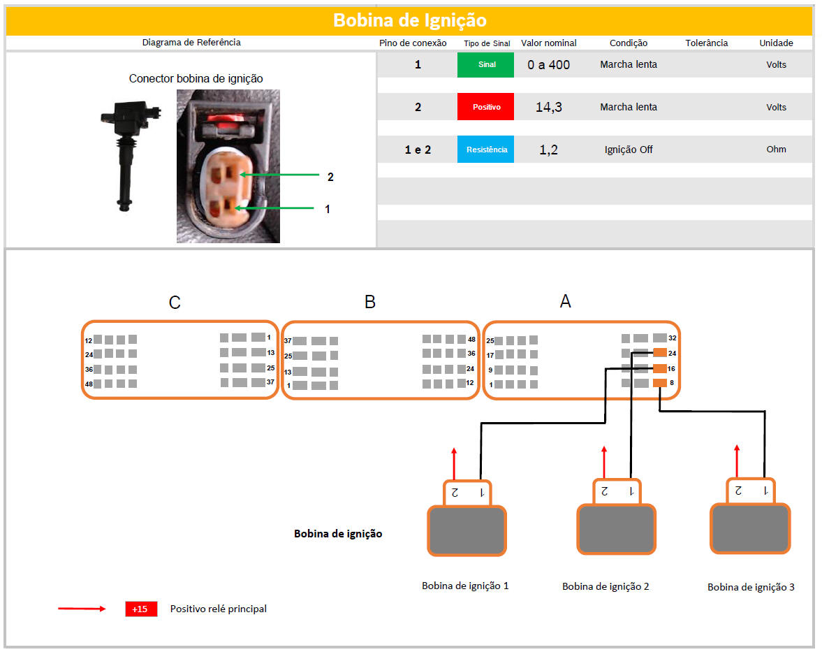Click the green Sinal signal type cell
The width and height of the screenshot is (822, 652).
click(485, 64)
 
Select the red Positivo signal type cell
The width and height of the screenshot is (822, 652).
click(485, 107)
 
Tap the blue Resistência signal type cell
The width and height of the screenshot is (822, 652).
click(485, 150)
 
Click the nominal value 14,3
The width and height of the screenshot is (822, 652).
click(548, 107)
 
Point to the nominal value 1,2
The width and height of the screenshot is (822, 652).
click(548, 150)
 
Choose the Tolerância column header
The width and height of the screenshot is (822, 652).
click(706, 43)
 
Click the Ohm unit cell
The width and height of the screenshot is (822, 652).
click(776, 149)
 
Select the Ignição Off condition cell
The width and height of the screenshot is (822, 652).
click(628, 150)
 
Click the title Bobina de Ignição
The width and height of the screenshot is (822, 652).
click(410, 20)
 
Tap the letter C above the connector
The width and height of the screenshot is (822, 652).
click(175, 303)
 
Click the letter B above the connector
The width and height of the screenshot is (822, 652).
click(370, 302)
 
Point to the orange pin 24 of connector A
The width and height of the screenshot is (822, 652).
click(660, 352)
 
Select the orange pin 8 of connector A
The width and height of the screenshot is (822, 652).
click(660, 383)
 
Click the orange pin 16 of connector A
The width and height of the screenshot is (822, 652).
click(660, 368)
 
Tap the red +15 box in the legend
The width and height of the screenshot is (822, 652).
click(141, 609)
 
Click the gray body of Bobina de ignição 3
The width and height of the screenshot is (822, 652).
click(749, 528)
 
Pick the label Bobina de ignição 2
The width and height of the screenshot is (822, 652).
click(606, 586)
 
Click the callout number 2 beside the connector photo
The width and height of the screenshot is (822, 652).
click(330, 178)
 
